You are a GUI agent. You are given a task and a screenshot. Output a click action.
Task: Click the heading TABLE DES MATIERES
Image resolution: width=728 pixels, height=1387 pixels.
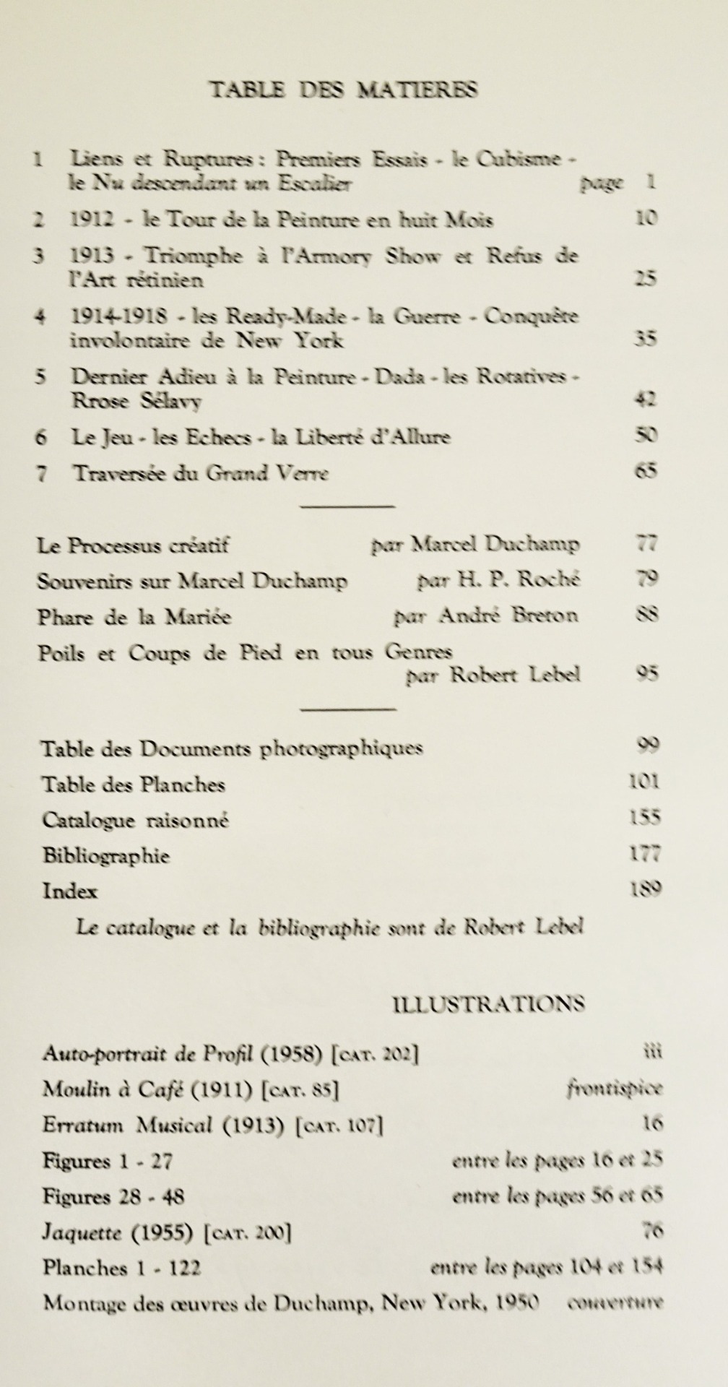point(343,90)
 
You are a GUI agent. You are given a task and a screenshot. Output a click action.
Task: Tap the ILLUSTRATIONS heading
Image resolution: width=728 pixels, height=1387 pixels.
point(488,1003)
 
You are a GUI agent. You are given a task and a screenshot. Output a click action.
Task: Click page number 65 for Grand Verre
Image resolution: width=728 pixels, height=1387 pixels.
point(646,472)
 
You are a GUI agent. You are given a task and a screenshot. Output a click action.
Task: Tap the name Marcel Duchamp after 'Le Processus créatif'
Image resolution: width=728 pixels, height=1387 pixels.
point(495,544)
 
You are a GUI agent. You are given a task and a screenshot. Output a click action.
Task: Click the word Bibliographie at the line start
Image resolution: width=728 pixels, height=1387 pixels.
point(106,856)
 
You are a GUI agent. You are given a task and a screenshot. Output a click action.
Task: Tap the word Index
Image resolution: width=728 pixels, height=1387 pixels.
point(70,891)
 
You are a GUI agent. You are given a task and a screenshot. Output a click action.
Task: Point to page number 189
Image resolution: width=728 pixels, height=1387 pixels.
point(645,889)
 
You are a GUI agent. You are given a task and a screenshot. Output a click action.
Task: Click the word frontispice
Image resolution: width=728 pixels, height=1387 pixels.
point(614,1089)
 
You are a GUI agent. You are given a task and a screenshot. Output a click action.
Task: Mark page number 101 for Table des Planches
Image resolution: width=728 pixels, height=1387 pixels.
point(644,782)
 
